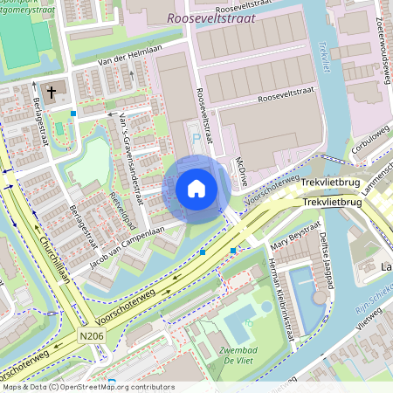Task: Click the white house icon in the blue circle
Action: (x=196, y=188)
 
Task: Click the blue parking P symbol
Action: (x=196, y=136)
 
